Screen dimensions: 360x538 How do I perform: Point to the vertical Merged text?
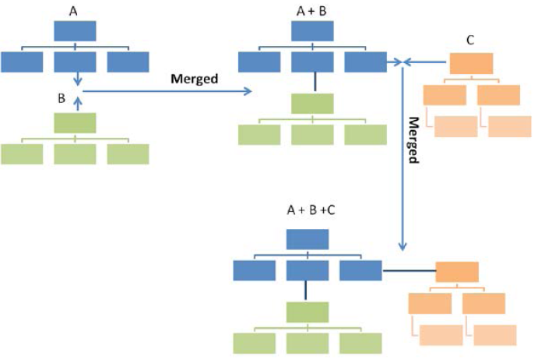(414, 140)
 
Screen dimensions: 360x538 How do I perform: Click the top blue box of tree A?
(75, 30)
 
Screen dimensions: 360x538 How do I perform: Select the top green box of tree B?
(75, 122)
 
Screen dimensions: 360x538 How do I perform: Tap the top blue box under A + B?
(312, 30)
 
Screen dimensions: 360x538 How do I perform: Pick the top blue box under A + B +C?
(308, 239)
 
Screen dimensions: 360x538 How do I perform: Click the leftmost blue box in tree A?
(22, 62)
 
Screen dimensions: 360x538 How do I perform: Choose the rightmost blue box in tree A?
(128, 62)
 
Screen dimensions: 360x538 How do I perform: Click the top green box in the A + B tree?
(312, 103)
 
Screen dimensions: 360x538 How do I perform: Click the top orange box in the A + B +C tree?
(457, 272)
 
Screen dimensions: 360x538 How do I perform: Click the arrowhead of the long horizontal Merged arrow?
(250, 91)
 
